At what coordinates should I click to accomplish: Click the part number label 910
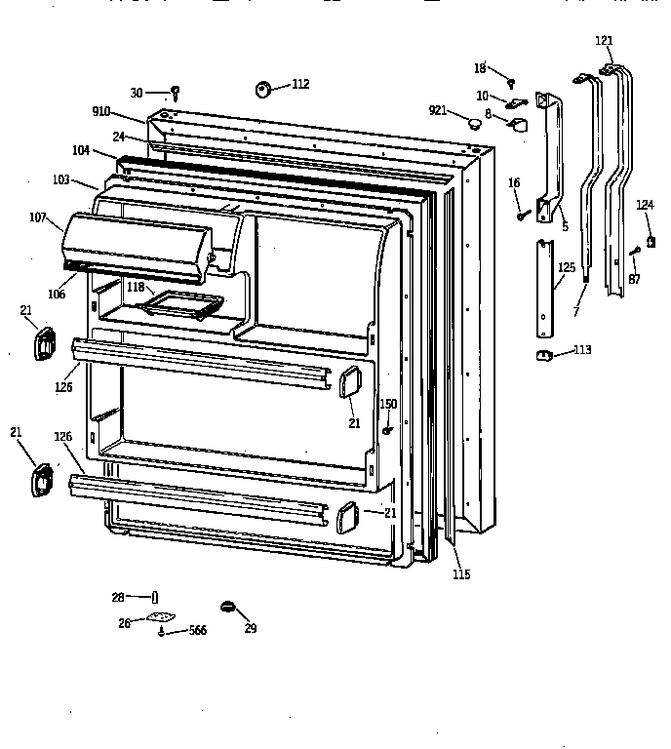[102, 112]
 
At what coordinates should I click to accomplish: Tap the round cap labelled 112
[263, 89]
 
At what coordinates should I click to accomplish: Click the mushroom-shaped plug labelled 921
[474, 122]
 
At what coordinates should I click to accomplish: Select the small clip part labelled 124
[650, 239]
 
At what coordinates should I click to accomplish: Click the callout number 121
[605, 41]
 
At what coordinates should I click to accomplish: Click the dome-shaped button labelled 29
[230, 607]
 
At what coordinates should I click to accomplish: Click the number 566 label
[198, 632]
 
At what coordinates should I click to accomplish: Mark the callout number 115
[461, 574]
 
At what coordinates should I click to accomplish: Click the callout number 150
[388, 404]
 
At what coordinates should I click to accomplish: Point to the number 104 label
[81, 151]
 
